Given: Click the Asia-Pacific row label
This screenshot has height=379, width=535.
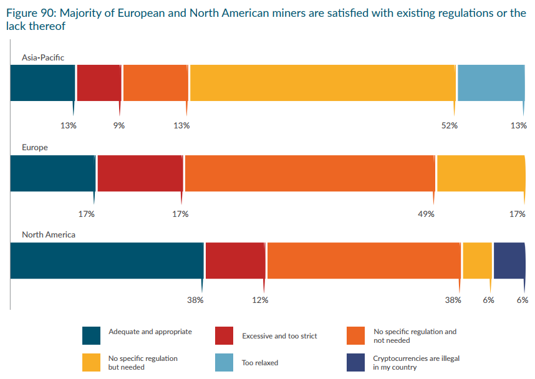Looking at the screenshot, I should pos(43,57).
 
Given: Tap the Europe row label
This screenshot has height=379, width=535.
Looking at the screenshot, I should pos(35,148).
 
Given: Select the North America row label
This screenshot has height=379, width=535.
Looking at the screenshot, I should pos(49,235).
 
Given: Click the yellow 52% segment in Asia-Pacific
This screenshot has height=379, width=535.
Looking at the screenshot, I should pos(322,82).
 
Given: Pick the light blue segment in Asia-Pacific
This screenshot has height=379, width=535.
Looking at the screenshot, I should pos(491,82).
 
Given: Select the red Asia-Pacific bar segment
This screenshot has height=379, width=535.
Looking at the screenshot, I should pos(99,82).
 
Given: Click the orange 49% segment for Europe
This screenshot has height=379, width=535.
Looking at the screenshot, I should pos(309,173).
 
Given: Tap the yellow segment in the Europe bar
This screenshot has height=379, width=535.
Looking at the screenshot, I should pos(481,173).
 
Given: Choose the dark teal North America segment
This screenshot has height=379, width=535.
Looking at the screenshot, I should pos(107,261).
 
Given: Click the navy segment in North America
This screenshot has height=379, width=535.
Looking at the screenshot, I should pos(509,261).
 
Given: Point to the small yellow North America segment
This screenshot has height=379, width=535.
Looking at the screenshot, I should pos(477,261).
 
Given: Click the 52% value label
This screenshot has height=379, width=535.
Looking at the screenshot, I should pos(450,125).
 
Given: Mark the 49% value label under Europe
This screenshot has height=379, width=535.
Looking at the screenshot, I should pos(426,214).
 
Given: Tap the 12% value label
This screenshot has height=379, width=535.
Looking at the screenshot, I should pos(260,300).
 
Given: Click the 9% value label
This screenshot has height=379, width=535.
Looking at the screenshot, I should pos(118,125).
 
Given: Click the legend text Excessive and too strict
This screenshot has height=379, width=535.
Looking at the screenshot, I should pos(279,336).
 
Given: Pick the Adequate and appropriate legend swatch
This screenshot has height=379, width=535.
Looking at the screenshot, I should pos(92,335).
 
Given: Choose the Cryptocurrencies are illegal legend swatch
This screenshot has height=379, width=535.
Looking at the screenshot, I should pos(356,362).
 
